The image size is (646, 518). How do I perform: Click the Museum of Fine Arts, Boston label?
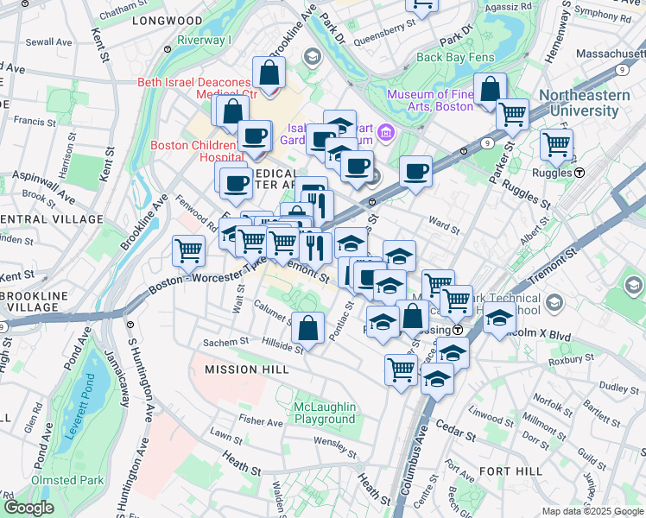429,100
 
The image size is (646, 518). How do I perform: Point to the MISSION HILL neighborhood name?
243,370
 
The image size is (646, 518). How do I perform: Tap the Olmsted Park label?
67,480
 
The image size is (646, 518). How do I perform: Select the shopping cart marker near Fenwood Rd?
188,250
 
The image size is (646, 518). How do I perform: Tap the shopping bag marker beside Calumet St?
307,327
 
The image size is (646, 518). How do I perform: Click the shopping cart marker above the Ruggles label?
556,143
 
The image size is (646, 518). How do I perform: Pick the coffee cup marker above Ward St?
415,170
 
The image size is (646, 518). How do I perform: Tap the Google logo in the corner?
28,508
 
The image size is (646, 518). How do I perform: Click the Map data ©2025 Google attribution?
591,511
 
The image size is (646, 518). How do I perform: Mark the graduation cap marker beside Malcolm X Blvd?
499,317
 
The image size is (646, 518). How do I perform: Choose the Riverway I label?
205,41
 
